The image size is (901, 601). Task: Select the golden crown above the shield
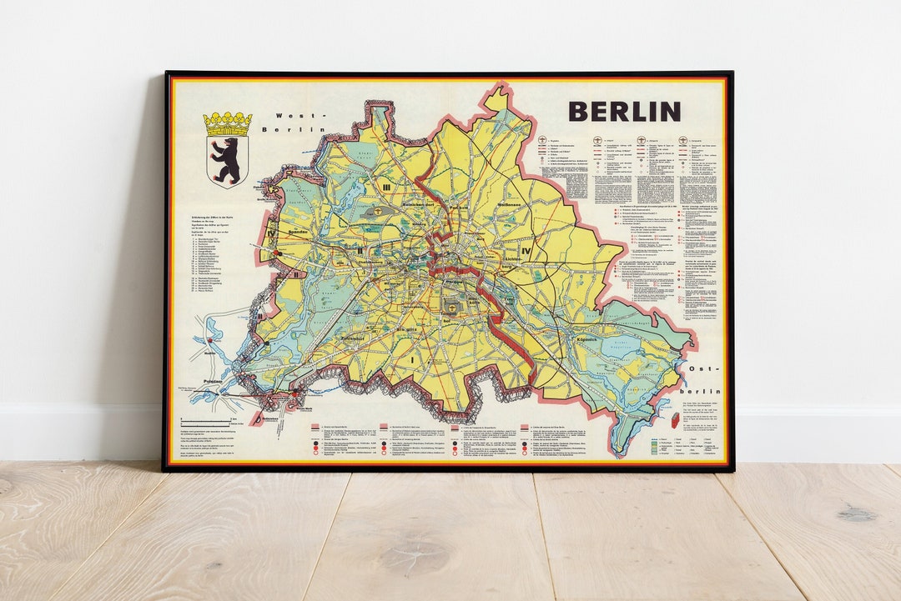(227, 124)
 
